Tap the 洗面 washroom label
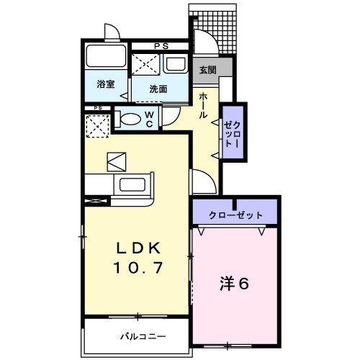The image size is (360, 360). pos(158,89)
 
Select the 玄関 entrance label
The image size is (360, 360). pos(207,69)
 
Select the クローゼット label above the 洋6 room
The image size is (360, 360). pos(235,215)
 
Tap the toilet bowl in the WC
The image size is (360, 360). pos(130,119)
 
